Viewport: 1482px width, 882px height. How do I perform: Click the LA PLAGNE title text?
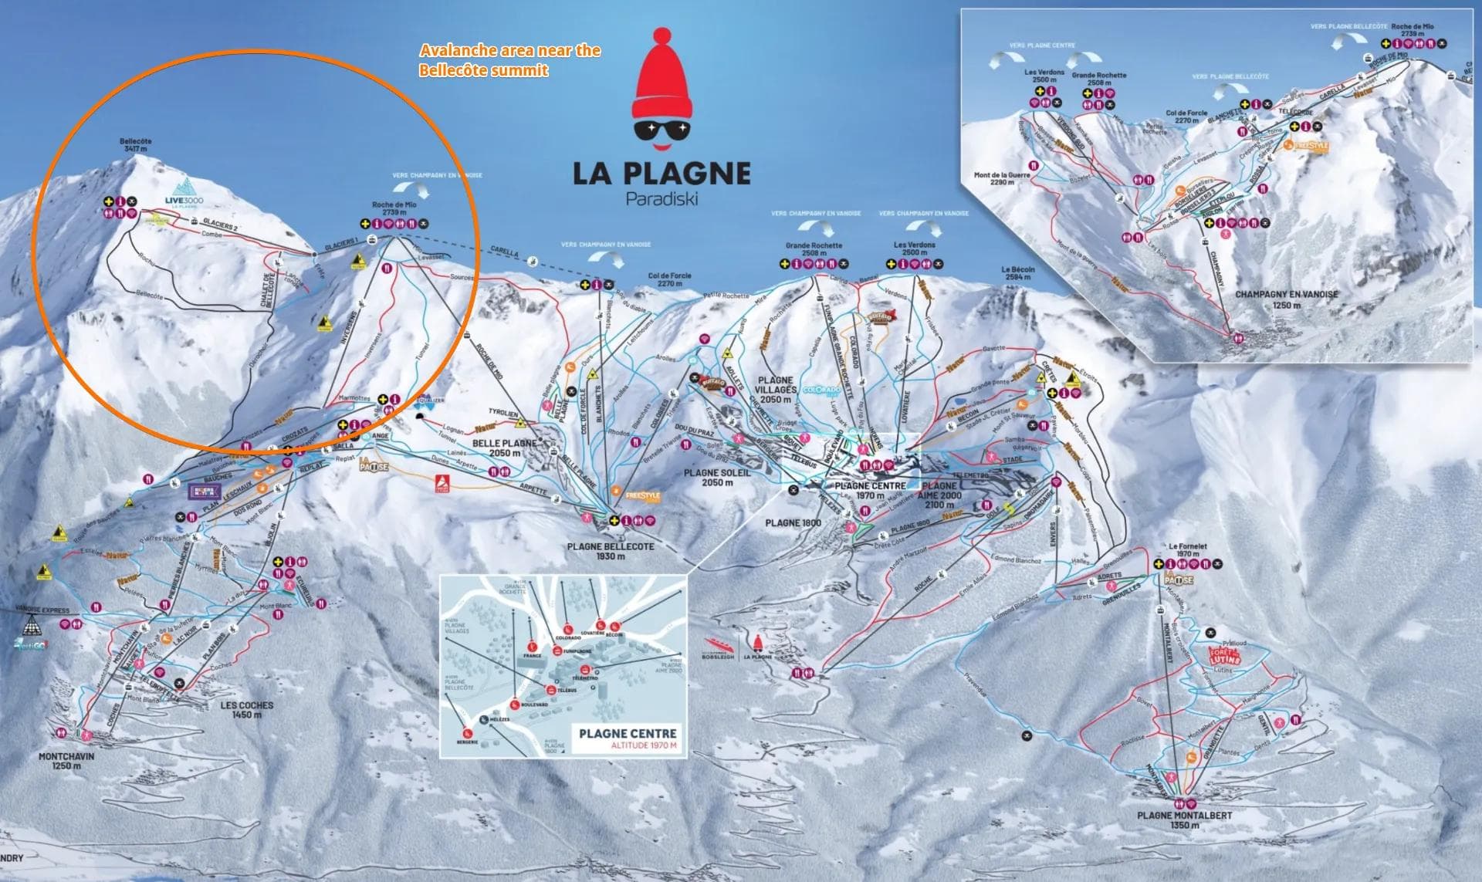[x=661, y=172]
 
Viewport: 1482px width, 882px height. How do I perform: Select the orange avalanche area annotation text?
[x=509, y=60]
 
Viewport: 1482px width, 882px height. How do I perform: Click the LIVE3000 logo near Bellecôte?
[x=185, y=192]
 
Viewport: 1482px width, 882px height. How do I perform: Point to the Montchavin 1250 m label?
[x=66, y=762]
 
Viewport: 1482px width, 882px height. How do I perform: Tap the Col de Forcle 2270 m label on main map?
[x=670, y=280]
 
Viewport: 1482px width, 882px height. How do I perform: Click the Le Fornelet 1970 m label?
[x=1187, y=549]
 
